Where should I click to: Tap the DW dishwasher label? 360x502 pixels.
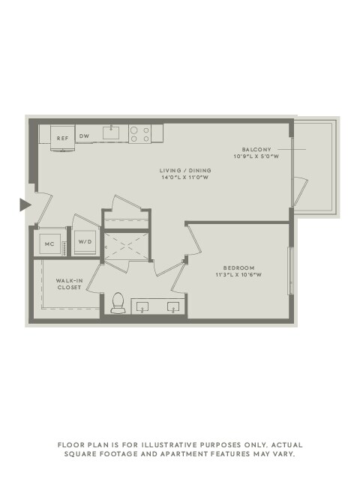(x=85, y=136)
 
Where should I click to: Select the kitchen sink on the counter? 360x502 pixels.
(x=111, y=134)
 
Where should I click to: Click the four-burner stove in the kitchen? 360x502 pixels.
(x=139, y=134)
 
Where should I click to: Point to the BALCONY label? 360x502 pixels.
(x=256, y=149)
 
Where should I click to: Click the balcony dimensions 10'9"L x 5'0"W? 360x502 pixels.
(x=256, y=157)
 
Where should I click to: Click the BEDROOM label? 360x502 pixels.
(x=239, y=267)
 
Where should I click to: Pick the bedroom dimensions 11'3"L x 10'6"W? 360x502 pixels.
(x=239, y=275)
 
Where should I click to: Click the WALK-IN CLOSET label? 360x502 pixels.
(x=69, y=284)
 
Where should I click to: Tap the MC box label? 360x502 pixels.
(x=50, y=244)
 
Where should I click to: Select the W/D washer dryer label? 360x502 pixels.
(x=85, y=243)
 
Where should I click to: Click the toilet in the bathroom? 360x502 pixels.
(x=118, y=303)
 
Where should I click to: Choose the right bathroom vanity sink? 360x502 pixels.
(x=173, y=306)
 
